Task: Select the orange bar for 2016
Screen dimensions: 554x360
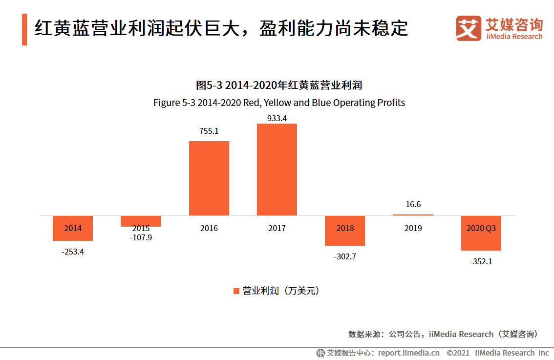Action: click(x=209, y=178)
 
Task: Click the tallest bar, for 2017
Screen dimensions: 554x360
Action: click(x=277, y=169)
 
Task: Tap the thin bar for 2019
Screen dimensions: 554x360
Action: click(x=413, y=215)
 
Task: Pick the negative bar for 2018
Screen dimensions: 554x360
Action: click(x=345, y=231)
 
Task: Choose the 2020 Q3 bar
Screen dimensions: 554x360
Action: click(x=481, y=233)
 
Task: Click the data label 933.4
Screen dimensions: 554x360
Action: click(x=277, y=118)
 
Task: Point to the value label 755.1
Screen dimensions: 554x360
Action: click(x=209, y=131)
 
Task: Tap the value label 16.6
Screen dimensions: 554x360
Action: click(x=413, y=204)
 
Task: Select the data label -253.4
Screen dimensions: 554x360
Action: click(x=73, y=252)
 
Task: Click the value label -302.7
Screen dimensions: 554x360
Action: click(x=345, y=257)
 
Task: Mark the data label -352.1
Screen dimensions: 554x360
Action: click(x=481, y=262)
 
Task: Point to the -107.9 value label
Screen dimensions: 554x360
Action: click(x=141, y=238)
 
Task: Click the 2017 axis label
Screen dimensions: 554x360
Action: click(x=277, y=228)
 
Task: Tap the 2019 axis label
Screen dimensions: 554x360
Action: click(x=413, y=228)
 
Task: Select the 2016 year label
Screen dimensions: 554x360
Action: click(x=209, y=228)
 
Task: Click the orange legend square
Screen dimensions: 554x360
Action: click(x=236, y=291)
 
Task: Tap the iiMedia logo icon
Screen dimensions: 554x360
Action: click(x=469, y=28)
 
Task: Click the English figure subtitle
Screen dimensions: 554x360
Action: click(x=279, y=103)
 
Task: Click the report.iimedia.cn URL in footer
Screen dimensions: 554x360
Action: click(x=409, y=353)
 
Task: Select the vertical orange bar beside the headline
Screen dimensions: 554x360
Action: click(x=24, y=29)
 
